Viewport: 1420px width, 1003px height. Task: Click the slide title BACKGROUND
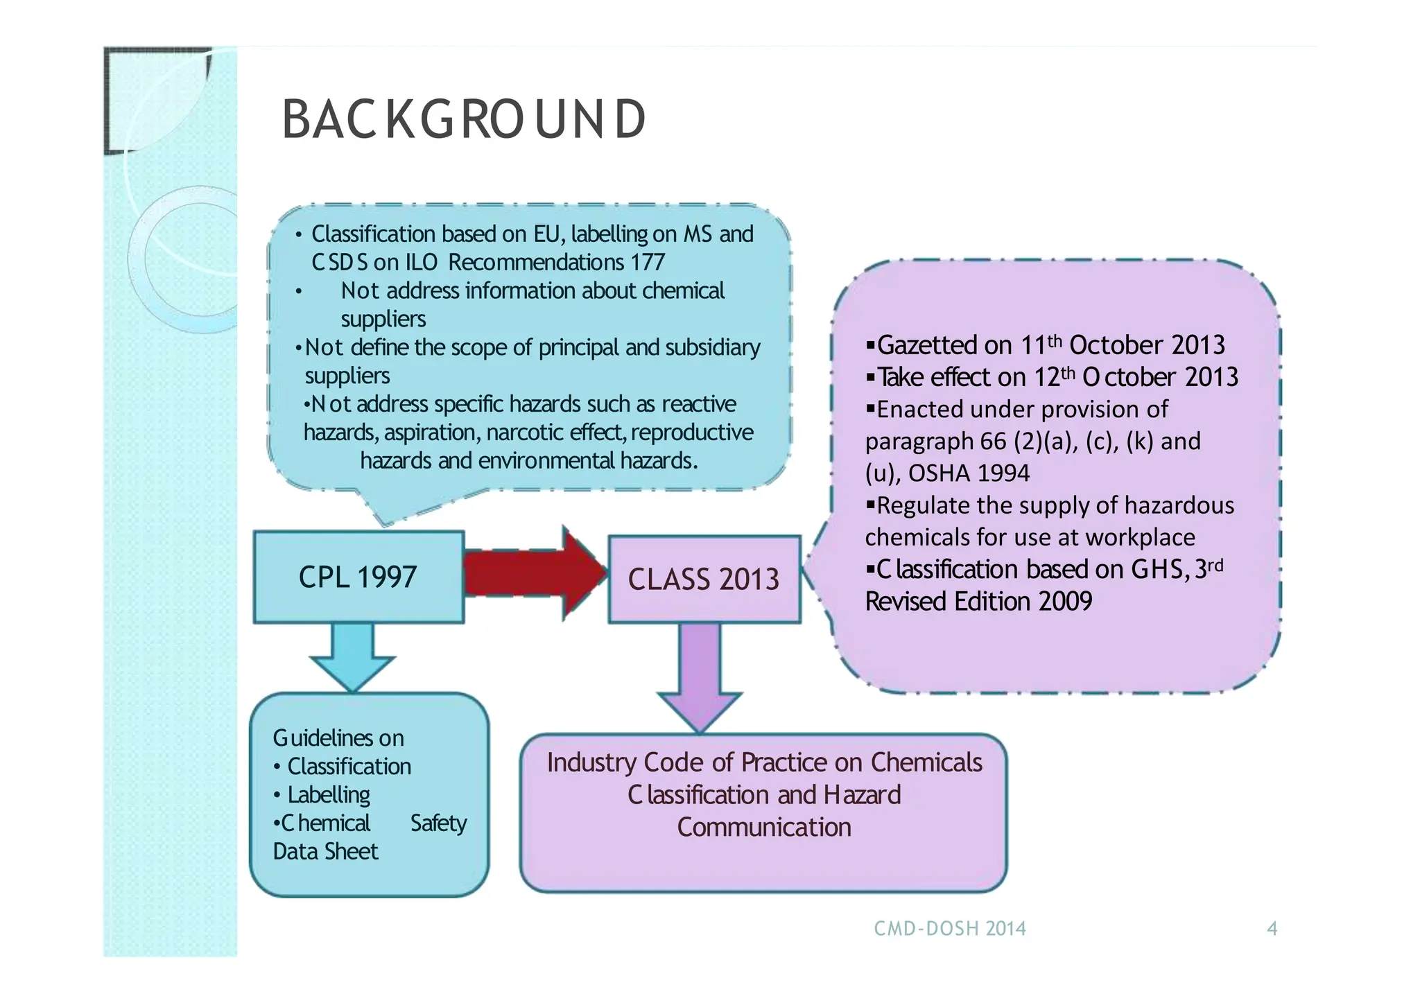click(463, 119)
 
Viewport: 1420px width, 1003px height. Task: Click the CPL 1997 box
click(358, 577)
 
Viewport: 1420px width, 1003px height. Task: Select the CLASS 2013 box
click(704, 579)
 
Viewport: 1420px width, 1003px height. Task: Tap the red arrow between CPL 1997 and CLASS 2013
click(534, 573)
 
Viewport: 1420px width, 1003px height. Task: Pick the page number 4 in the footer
click(1272, 928)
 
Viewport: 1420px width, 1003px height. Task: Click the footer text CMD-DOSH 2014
click(949, 928)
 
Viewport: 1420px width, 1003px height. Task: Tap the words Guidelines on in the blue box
click(338, 738)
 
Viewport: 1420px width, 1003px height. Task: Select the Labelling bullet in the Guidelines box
click(329, 794)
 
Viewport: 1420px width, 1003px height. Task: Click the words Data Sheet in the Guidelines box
click(325, 851)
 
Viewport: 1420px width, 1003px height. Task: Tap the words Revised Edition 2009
click(978, 601)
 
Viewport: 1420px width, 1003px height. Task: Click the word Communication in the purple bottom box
click(763, 827)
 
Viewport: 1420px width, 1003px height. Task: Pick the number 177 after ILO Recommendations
click(648, 262)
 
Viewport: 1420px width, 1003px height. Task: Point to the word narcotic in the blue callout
click(525, 433)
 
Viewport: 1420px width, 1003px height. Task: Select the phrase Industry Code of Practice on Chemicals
click(764, 762)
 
